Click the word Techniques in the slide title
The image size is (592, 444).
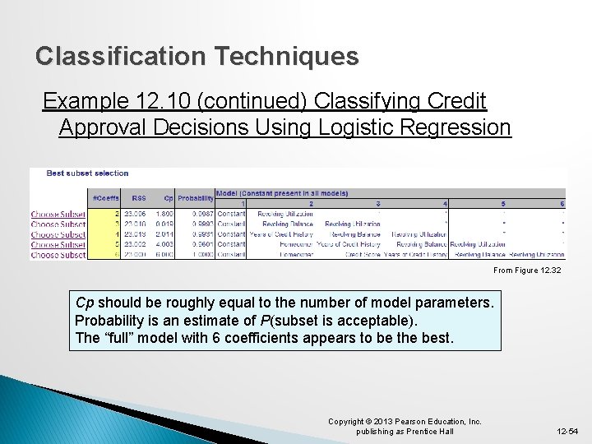286,56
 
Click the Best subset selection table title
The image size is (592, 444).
87,173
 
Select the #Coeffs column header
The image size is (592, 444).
104,198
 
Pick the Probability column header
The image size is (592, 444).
196,198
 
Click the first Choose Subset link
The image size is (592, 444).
58,214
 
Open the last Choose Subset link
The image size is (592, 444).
58,255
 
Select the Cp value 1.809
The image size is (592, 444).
164,214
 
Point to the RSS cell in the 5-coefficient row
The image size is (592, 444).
135,244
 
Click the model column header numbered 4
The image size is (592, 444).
445,203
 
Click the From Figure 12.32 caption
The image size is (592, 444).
526,271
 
